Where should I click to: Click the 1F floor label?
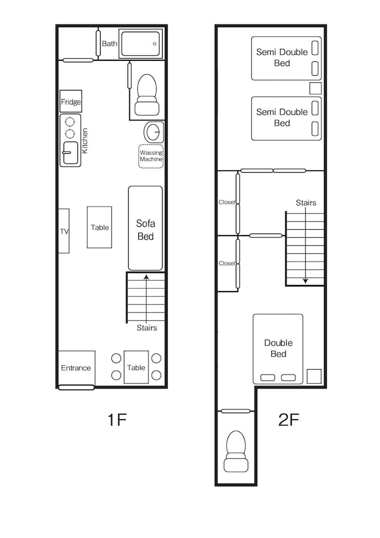(117, 419)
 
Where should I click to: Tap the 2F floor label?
(288, 419)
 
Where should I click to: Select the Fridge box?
(71, 102)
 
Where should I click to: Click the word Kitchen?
(85, 141)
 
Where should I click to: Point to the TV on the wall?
(64, 231)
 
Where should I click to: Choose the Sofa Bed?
(145, 229)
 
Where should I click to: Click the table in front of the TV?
(100, 228)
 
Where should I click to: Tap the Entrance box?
(76, 367)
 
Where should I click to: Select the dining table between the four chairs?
(136, 367)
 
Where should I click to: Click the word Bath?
(109, 44)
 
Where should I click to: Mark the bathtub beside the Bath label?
(140, 44)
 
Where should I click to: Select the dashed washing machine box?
(151, 156)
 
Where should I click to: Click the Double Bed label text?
(278, 348)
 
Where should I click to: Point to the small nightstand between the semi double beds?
(315, 89)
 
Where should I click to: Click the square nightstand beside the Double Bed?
(314, 376)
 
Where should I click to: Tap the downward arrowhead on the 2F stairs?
(306, 280)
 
